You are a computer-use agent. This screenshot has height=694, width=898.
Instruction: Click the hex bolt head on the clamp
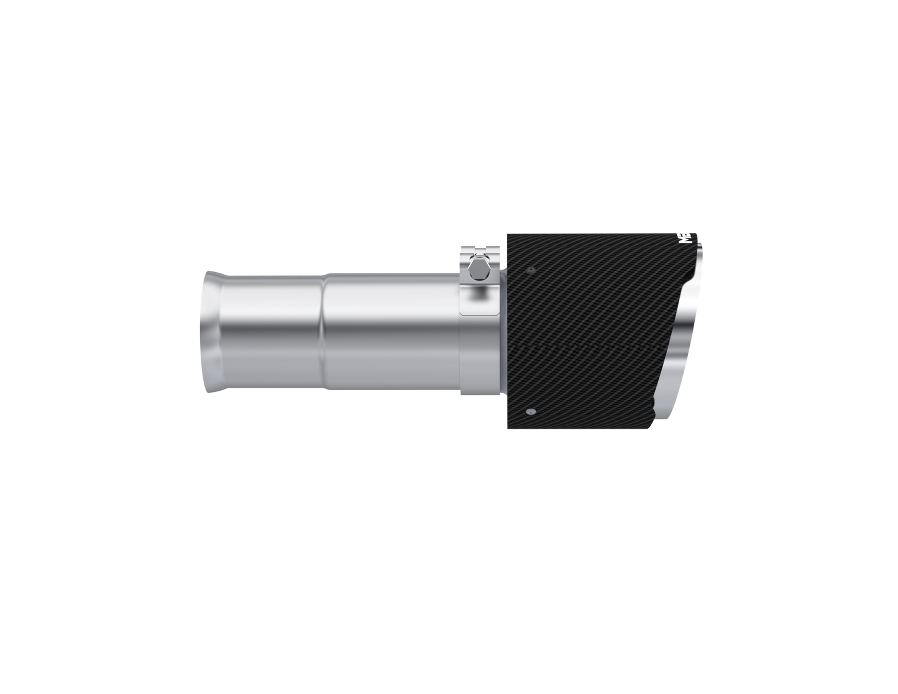pyautogui.click(x=479, y=270)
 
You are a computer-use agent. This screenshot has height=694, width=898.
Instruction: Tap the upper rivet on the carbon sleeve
pyautogui.click(x=529, y=271)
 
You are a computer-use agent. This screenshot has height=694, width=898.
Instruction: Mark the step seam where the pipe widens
pyautogui.click(x=324, y=332)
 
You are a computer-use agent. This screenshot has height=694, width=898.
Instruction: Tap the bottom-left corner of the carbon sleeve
pyautogui.click(x=508, y=429)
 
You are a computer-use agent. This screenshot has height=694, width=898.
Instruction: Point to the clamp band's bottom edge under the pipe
pyautogui.click(x=479, y=393)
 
